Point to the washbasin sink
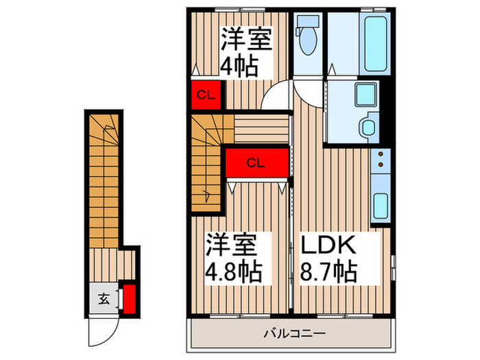pos(368,126)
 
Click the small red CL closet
pos(204,95)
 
